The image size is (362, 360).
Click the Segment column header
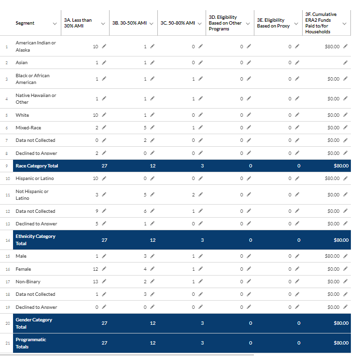[25, 23]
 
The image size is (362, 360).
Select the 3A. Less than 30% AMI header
[78, 23]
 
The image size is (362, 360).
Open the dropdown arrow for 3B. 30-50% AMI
[152, 24]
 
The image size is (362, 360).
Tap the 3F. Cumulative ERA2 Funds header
[320, 23]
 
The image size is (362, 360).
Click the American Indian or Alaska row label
[36, 46]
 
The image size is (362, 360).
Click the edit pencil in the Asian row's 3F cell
[345, 63]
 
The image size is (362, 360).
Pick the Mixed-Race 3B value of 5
[145, 128]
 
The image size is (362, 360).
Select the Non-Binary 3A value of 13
[95, 281]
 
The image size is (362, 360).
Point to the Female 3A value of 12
[95, 269]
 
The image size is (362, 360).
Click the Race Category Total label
[37, 166]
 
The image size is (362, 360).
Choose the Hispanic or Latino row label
[35, 179]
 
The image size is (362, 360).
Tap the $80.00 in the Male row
[332, 256]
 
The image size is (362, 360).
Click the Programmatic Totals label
[31, 343]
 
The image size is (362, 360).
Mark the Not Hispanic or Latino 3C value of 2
[193, 195]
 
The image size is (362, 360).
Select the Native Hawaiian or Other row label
[36, 98]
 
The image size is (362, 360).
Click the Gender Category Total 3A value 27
[104, 323]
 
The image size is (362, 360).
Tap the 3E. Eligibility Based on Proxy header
[273, 23]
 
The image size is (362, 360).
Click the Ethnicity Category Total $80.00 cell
[341, 240]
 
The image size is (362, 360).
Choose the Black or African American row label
[32, 79]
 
